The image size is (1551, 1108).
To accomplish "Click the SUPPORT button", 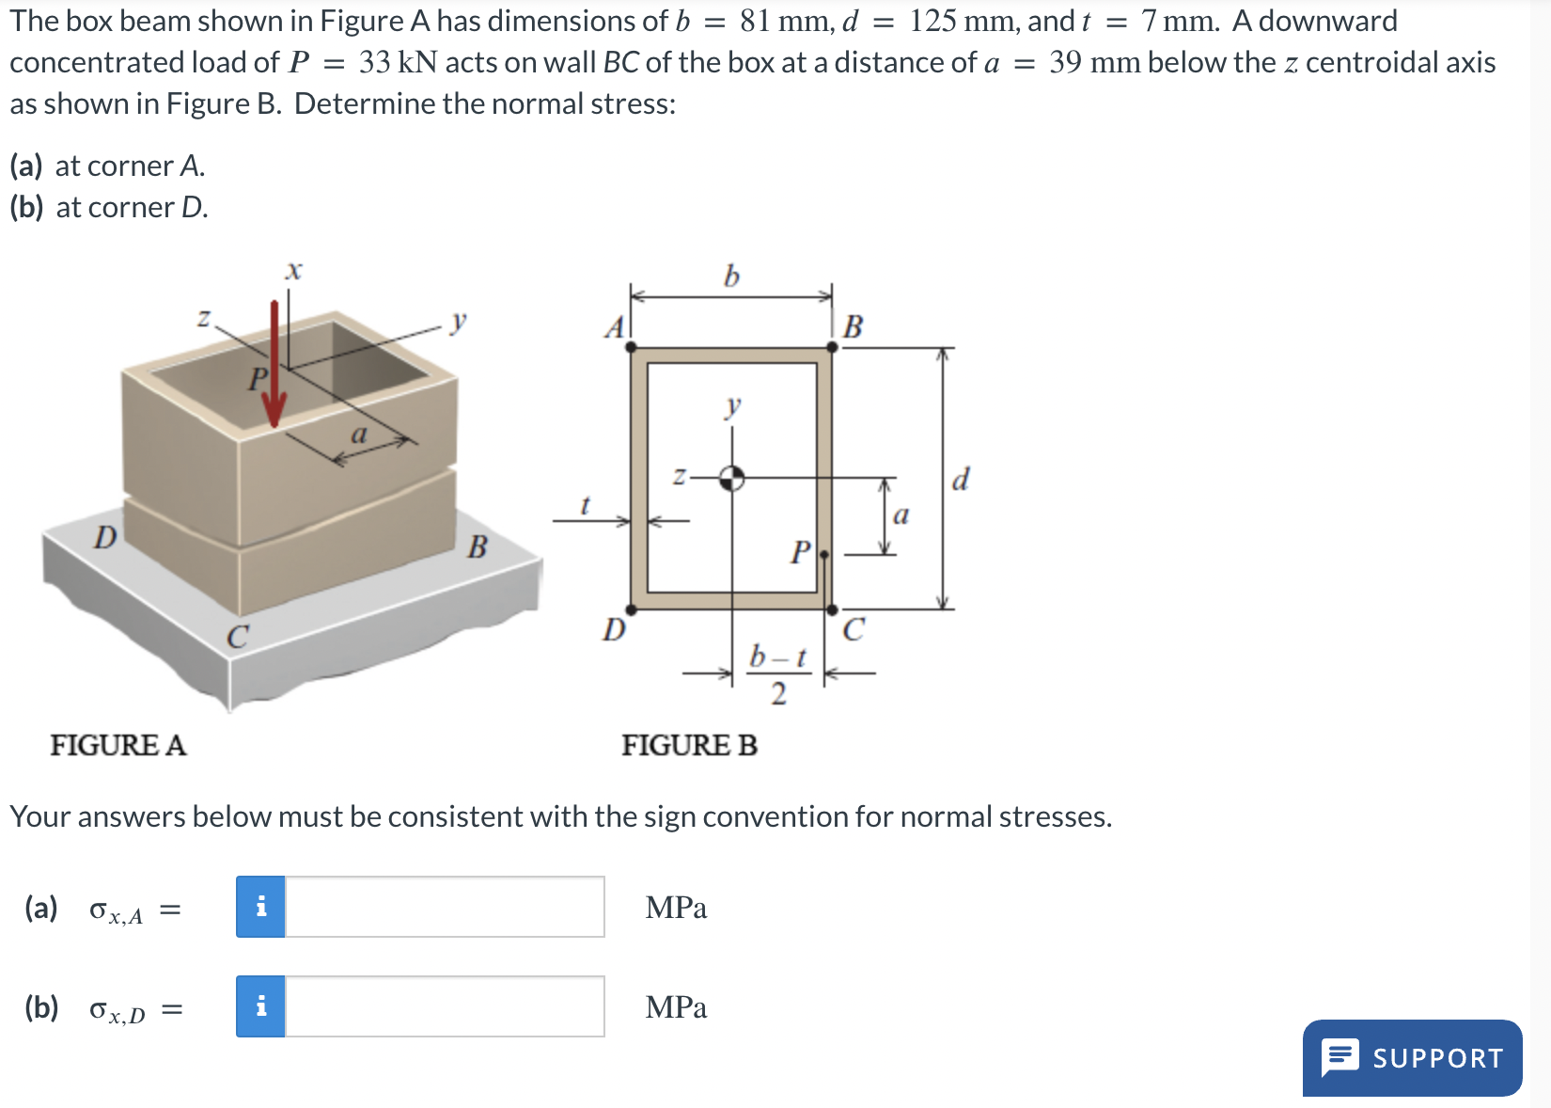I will coord(1412,1057).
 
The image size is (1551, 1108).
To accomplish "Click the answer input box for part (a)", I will coord(444,907).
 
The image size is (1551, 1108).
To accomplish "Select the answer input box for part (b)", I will coord(444,1006).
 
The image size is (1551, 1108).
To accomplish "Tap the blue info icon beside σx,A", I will coord(260,907).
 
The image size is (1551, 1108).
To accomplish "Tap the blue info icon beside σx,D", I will coord(260,1006).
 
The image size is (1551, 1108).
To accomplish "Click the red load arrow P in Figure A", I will coord(274,367).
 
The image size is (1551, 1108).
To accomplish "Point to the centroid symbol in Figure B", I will coord(731,478).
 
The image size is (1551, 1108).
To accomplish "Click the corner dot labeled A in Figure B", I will coord(630,347).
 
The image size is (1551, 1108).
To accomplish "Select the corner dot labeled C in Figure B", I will coord(832,609).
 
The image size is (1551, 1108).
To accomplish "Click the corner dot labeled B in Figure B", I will coord(832,347).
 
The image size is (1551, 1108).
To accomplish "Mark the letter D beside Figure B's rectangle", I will coord(614,628).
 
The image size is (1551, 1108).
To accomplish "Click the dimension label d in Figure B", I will coord(960,480).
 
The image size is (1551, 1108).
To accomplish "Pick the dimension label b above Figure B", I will coord(731,276).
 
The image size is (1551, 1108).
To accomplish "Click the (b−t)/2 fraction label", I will coord(777,674).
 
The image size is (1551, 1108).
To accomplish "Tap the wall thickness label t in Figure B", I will coord(585,506).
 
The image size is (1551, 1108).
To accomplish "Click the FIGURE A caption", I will coord(118,745).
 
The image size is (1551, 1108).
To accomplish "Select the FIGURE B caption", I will coord(689,745).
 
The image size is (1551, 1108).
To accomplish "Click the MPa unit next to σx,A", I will coord(676,908).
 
